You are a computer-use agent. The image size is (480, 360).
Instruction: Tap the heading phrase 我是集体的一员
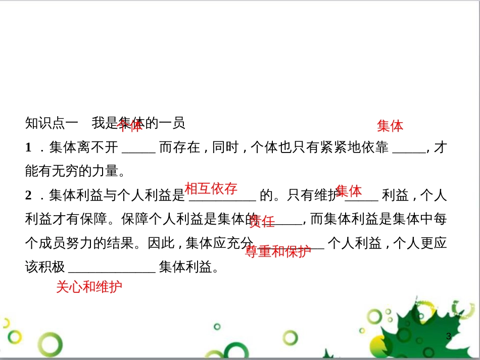click(x=139, y=123)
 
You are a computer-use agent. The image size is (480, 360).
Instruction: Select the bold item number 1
click(x=28, y=147)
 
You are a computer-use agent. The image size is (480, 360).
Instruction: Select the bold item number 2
click(x=28, y=195)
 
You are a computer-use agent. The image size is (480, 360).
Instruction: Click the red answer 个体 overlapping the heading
click(x=130, y=125)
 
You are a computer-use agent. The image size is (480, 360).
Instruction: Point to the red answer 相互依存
click(x=211, y=189)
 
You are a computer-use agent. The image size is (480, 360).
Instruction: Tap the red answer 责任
click(x=262, y=221)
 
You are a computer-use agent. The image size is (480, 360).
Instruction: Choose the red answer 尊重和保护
click(x=278, y=251)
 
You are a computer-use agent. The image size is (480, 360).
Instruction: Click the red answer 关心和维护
click(x=89, y=287)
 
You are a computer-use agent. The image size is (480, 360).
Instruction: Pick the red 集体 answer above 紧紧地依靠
click(x=390, y=126)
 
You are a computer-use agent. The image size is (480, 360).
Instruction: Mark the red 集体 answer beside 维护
click(x=349, y=191)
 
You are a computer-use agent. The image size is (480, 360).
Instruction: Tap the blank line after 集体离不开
click(x=139, y=150)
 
